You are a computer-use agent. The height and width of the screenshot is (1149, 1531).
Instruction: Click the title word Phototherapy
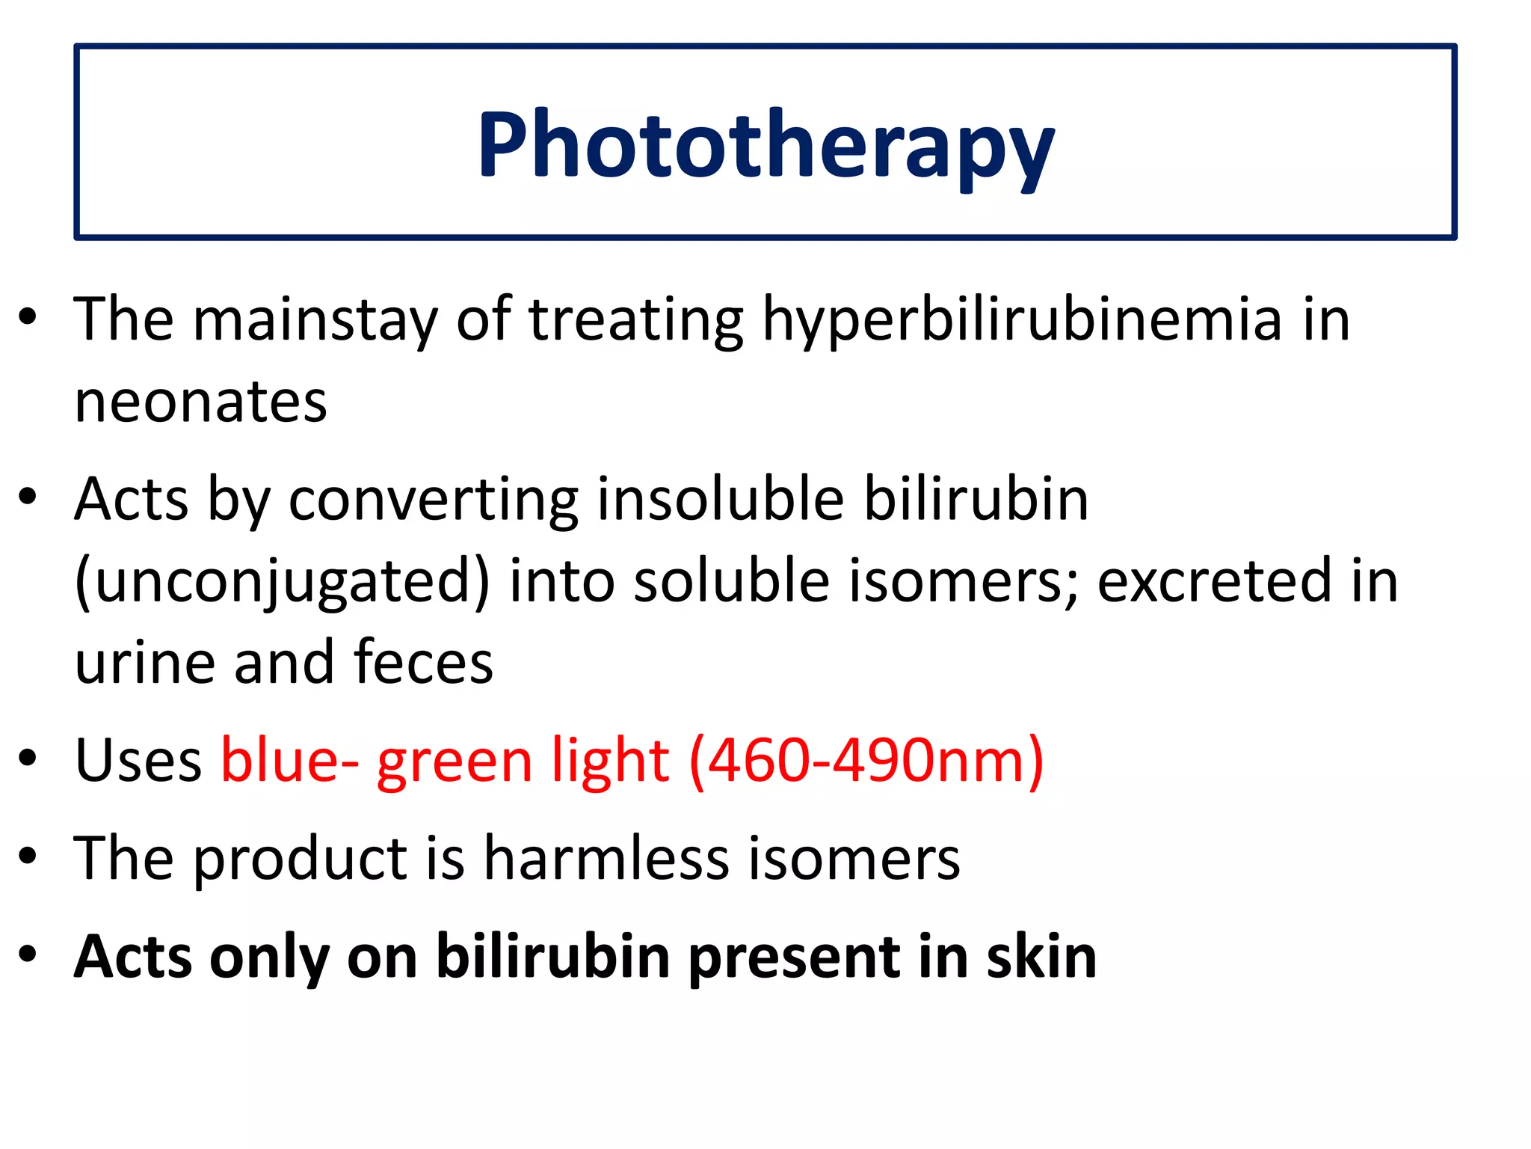pyautogui.click(x=765, y=146)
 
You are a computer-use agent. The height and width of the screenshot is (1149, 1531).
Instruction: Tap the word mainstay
pyautogui.click(x=314, y=320)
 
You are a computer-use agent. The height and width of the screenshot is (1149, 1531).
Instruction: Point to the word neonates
pyautogui.click(x=200, y=402)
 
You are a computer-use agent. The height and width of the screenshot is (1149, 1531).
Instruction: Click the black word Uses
pyautogui.click(x=138, y=760)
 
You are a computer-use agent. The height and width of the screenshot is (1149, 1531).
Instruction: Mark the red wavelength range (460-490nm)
pyautogui.click(x=866, y=762)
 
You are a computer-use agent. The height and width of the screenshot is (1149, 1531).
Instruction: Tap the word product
pyautogui.click(x=301, y=858)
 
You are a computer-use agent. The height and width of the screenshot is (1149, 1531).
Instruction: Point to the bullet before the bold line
pyautogui.click(x=28, y=955)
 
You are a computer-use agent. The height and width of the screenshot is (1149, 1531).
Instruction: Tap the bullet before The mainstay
pyautogui.click(x=28, y=317)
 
